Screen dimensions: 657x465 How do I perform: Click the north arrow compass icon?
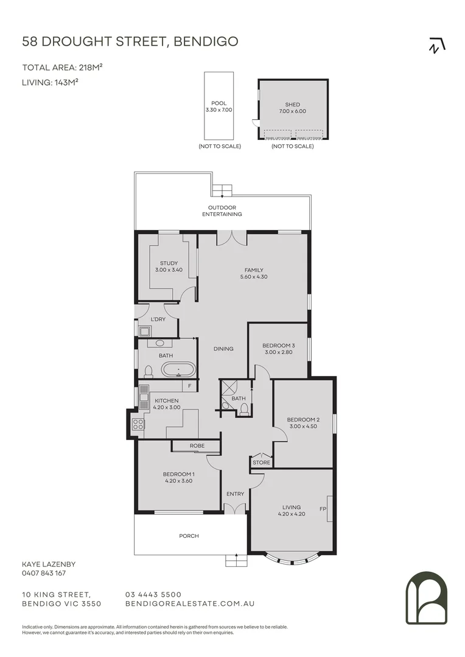(x=437, y=46)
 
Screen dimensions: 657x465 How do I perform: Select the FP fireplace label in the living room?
(x=323, y=508)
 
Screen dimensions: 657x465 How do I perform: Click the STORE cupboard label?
(x=261, y=463)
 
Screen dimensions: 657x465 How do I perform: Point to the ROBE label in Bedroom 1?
(x=196, y=446)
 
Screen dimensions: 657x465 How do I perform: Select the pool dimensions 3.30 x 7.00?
(x=219, y=110)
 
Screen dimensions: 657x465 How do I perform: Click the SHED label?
(x=292, y=105)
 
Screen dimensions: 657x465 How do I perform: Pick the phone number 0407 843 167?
(x=44, y=573)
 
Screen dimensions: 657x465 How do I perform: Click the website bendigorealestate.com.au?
(x=189, y=603)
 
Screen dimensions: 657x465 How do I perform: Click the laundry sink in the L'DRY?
(x=145, y=332)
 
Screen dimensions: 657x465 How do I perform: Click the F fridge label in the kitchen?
(x=190, y=386)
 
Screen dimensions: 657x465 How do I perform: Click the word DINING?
(x=223, y=349)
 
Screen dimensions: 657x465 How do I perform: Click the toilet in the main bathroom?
(x=148, y=370)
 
